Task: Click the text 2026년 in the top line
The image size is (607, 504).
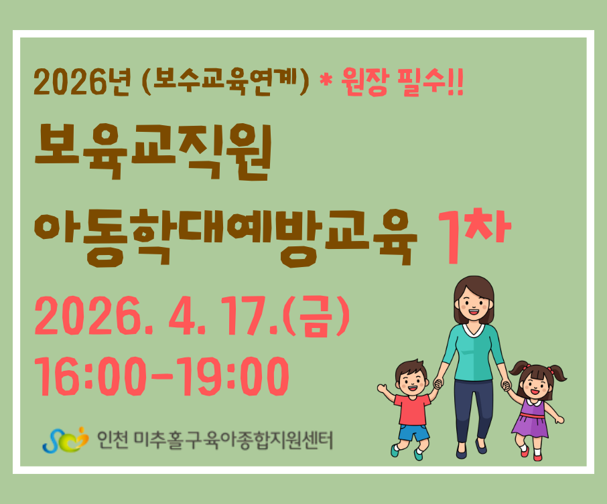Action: pos(82,82)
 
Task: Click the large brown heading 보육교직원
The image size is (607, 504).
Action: pos(153,152)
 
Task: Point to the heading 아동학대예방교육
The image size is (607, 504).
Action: pos(226,238)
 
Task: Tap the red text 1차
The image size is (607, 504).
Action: pos(474,235)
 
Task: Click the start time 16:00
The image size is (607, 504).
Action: pos(90,376)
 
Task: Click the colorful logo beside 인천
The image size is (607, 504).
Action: pos(66,440)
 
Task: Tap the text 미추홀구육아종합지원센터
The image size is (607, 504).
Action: pos(233,440)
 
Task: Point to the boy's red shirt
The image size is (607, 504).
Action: pos(413,409)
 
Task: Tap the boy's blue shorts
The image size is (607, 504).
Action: pos(413,432)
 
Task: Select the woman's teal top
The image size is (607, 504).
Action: pos(473,352)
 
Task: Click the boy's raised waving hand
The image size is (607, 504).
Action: pos(382,388)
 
